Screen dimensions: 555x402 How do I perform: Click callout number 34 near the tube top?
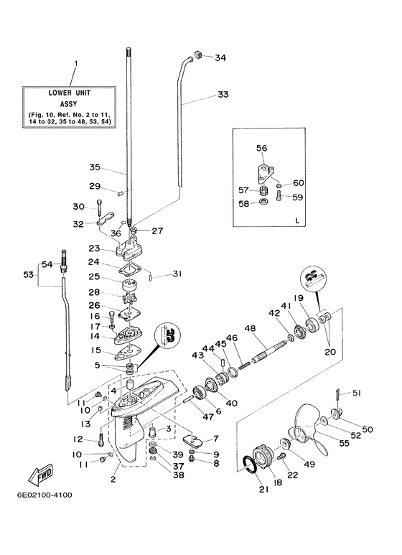[x=220, y=57]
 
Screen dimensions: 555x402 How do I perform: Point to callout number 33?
[x=223, y=95]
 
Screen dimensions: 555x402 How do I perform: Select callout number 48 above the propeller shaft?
[x=250, y=329]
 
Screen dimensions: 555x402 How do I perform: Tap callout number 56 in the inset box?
[x=261, y=148]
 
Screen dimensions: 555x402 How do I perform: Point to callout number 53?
[x=28, y=274]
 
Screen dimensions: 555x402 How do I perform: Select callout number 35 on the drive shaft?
[x=94, y=167]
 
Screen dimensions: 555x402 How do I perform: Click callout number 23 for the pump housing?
[x=94, y=249]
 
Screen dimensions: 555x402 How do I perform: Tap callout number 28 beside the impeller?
[x=94, y=292]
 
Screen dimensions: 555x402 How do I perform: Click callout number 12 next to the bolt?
[x=78, y=439]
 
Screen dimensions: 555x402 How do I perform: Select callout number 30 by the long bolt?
[x=78, y=207]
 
